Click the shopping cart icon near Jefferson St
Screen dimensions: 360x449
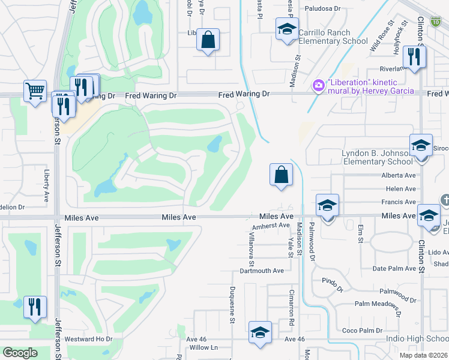click(35, 91)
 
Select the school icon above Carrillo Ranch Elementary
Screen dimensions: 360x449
click(287, 29)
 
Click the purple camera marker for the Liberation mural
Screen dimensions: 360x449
click(318, 86)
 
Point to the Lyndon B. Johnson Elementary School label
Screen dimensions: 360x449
click(377, 157)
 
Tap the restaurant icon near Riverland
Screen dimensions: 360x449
click(414, 56)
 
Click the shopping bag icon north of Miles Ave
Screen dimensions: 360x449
click(280, 175)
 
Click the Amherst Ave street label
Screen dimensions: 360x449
click(271, 226)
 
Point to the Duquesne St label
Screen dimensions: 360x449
click(232, 305)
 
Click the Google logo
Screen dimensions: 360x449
click(20, 353)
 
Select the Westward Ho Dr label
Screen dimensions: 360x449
click(88, 339)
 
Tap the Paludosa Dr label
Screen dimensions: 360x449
click(322, 9)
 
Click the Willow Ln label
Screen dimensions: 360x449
click(203, 347)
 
